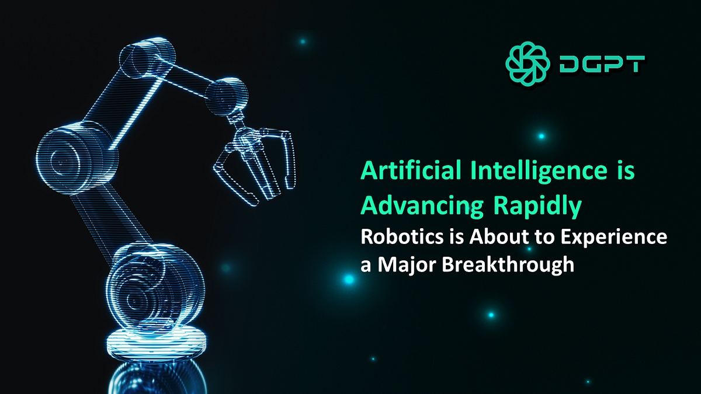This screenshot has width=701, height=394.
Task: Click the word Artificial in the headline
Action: [x=409, y=171]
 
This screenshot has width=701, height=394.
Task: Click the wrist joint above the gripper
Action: [x=231, y=96]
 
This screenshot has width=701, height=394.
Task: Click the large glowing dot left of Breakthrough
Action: [x=349, y=280]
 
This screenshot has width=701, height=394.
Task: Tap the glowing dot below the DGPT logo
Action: [x=541, y=136]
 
